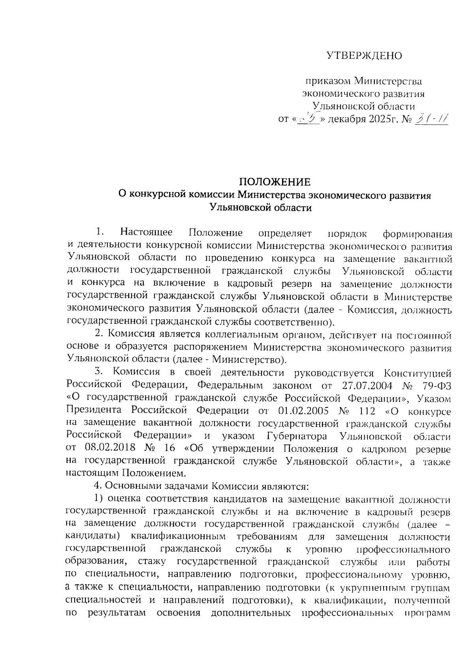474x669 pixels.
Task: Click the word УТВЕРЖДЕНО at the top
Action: (364, 56)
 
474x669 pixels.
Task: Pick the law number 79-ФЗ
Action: (434, 385)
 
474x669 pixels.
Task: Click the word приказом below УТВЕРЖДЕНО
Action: (327, 82)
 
